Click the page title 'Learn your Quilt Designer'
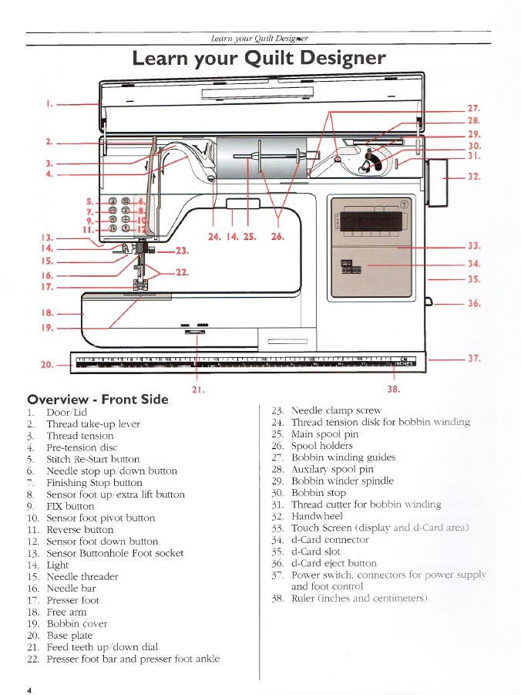click(x=259, y=58)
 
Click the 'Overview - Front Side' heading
click(x=97, y=399)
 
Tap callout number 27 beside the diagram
click(x=474, y=109)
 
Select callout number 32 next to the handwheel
click(x=474, y=177)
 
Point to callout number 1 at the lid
click(x=48, y=102)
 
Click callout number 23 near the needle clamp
click(x=182, y=250)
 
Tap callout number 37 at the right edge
click(x=474, y=359)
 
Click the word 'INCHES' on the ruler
click(x=404, y=366)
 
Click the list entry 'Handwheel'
click(x=316, y=494)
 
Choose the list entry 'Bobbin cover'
click(x=77, y=623)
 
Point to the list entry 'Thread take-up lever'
click(x=92, y=424)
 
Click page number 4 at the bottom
click(x=29, y=690)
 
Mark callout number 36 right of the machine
click(x=474, y=303)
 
